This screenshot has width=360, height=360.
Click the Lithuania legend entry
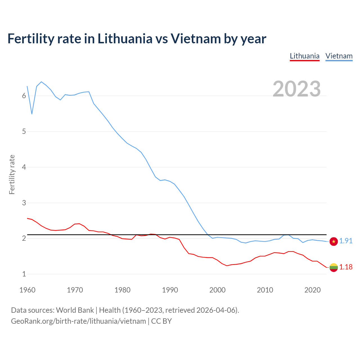click(305, 56)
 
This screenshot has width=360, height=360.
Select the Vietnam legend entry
click(339, 56)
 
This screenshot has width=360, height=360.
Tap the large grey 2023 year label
click(297, 89)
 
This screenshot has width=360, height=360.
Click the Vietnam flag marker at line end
click(334, 241)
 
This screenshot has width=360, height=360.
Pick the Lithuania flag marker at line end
click(334, 267)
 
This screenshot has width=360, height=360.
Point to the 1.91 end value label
click(346, 241)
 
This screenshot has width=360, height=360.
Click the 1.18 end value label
click(346, 267)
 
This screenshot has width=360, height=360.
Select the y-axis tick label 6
click(24, 96)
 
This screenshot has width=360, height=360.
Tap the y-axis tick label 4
click(24, 167)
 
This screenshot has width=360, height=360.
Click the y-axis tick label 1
click(24, 274)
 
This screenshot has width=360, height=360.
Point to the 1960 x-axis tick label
click(27, 290)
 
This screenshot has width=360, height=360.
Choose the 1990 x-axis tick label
click(170, 290)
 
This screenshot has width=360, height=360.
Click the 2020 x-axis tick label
click(312, 290)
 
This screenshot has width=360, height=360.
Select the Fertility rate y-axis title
click(12, 174)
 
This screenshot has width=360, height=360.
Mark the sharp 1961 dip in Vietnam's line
click(32, 114)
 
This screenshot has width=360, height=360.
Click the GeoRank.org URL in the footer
click(78, 321)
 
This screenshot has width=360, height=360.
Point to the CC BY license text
click(161, 321)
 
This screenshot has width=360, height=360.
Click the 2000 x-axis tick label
click(217, 290)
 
